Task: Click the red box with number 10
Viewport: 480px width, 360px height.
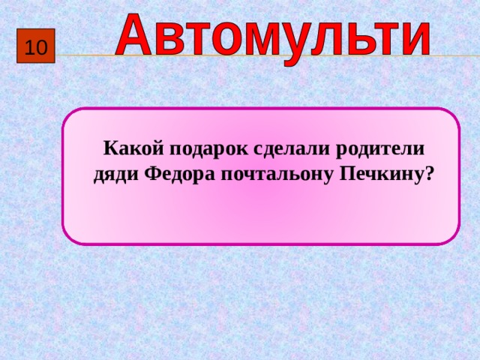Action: pyautogui.click(x=36, y=49)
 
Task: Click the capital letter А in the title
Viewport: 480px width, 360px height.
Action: pyautogui.click(x=138, y=34)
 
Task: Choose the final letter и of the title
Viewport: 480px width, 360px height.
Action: pyautogui.click(x=415, y=37)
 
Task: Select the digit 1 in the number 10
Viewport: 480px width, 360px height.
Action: pyautogui.click(x=30, y=49)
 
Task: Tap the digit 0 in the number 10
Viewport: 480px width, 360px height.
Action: pyautogui.click(x=41, y=49)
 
